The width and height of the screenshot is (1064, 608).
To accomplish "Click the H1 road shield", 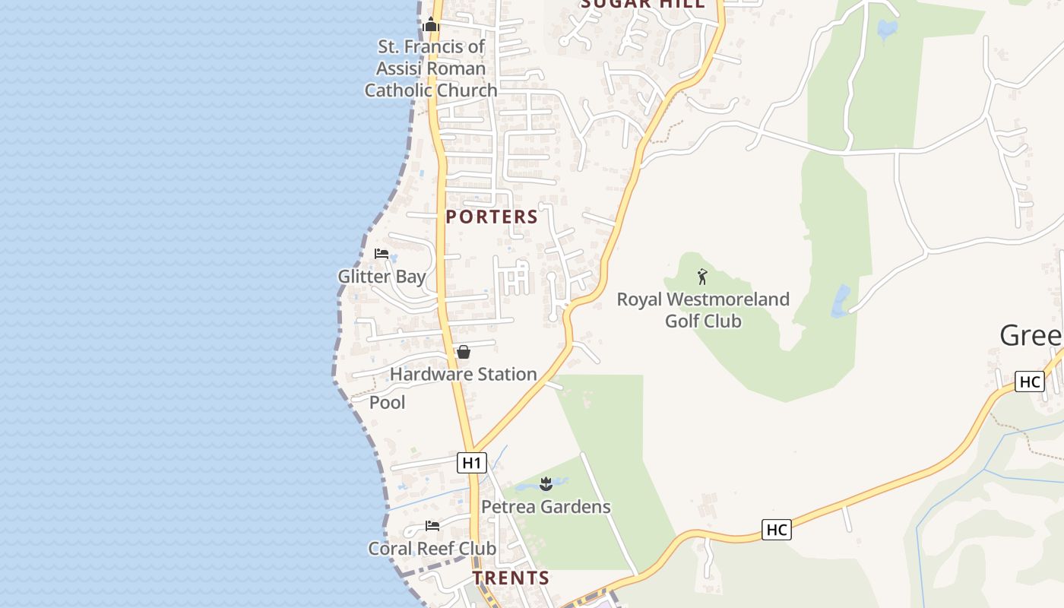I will pyautogui.click(x=472, y=462).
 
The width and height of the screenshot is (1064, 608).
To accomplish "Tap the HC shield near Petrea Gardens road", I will pyautogui.click(x=777, y=530).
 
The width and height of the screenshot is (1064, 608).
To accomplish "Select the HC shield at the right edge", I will pyautogui.click(x=1030, y=382).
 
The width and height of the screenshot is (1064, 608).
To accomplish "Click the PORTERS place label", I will pyautogui.click(x=492, y=217).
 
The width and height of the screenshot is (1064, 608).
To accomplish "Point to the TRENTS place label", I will pyautogui.click(x=511, y=578).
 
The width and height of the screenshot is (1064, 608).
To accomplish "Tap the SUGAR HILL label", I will pyautogui.click(x=643, y=4).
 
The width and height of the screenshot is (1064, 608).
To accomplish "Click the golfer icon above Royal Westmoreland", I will pyautogui.click(x=702, y=277).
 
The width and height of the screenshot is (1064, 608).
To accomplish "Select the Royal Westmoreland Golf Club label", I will pyautogui.click(x=703, y=310).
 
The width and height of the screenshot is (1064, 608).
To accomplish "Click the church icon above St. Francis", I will pyautogui.click(x=431, y=25).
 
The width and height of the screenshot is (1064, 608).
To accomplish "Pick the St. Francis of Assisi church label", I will pyautogui.click(x=431, y=68).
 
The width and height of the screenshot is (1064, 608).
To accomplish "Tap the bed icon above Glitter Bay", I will pyautogui.click(x=382, y=254).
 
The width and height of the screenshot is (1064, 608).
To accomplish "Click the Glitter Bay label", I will pyautogui.click(x=382, y=277).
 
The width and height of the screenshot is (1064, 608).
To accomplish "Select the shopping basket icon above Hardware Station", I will pyautogui.click(x=463, y=352).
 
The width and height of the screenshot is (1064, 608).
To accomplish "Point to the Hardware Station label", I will pyautogui.click(x=463, y=374).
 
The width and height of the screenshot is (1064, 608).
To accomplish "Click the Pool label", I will pyautogui.click(x=387, y=402).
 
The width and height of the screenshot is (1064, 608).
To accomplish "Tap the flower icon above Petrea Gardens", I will pyautogui.click(x=546, y=483).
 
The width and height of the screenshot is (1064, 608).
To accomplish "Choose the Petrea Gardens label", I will pyautogui.click(x=546, y=506).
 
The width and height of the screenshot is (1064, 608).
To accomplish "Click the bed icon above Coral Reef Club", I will pyautogui.click(x=432, y=525).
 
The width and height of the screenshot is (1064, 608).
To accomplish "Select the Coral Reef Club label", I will pyautogui.click(x=432, y=548).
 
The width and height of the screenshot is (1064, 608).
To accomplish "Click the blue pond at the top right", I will pyautogui.click(x=886, y=30).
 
